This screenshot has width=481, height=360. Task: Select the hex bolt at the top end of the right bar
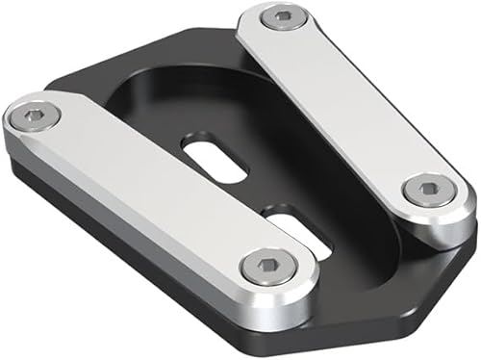282,16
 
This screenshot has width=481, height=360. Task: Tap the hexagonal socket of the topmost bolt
282,16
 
